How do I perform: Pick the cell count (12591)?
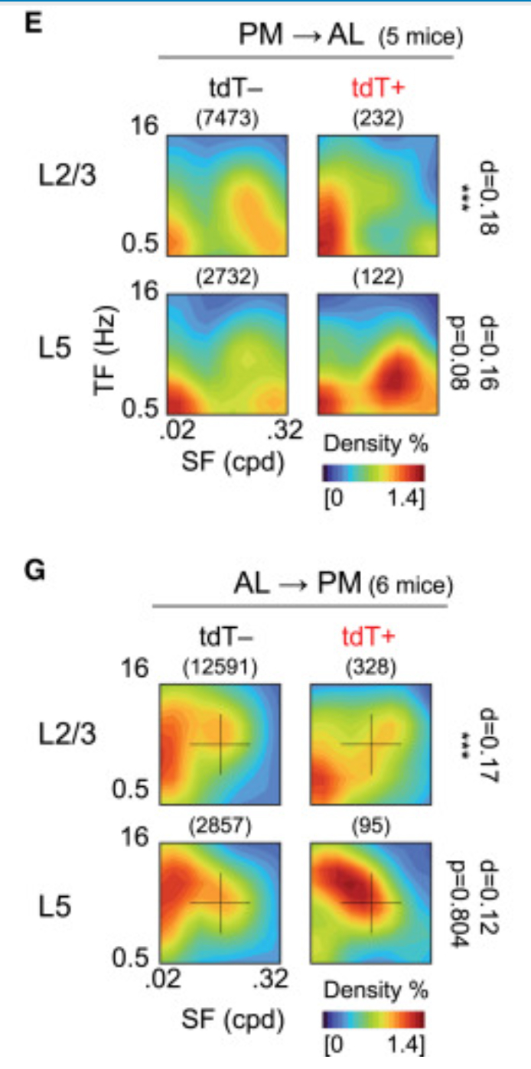[220, 670]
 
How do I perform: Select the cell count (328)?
[370, 670]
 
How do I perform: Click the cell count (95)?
[370, 828]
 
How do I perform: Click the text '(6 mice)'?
[410, 587]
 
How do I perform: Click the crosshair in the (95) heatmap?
[371, 903]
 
